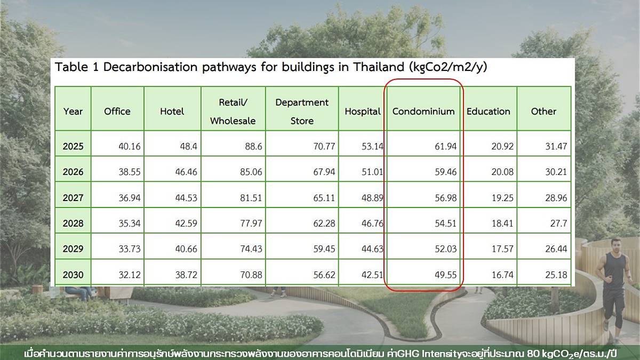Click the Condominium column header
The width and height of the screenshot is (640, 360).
click(423, 111)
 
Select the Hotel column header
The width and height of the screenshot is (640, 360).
click(172, 111)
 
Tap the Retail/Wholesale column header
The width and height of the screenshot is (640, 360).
click(233, 111)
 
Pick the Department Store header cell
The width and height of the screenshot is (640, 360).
click(302, 111)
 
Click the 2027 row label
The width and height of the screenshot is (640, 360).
click(73, 198)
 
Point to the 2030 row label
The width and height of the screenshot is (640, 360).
click(73, 275)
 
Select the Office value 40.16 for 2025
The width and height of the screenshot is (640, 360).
click(130, 147)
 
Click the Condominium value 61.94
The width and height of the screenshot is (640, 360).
click(446, 147)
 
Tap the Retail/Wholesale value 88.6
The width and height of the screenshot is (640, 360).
click(253, 147)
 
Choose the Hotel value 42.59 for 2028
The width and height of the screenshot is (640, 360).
click(186, 223)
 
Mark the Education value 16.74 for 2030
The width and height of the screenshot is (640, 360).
click(502, 275)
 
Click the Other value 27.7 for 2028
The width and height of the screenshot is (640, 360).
click(558, 223)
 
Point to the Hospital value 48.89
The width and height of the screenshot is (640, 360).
click(372, 198)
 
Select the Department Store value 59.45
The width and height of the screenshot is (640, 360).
click(324, 249)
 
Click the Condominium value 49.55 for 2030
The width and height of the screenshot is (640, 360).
click(446, 275)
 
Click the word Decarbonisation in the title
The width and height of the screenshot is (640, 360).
click(150, 67)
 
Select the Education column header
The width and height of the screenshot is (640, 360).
click(489, 111)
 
